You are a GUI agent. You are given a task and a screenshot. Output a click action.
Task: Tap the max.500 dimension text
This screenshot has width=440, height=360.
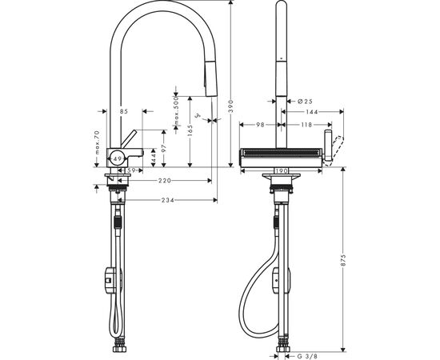[x=174, y=115]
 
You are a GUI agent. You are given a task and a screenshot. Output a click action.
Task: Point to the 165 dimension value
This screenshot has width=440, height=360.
[x=190, y=128]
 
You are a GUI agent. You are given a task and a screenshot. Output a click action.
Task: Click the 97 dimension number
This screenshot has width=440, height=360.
[x=163, y=149]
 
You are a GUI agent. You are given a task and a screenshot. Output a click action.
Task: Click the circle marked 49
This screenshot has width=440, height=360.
[x=118, y=159]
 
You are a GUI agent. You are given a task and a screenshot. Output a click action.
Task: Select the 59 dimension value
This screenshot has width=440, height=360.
[x=130, y=170]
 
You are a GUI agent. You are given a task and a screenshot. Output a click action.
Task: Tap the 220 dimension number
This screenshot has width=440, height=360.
[x=163, y=181]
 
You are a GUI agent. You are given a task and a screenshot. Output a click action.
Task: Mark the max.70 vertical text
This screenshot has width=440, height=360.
[x=95, y=145]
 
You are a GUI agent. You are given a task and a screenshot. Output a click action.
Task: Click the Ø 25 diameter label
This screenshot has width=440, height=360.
[x=294, y=102]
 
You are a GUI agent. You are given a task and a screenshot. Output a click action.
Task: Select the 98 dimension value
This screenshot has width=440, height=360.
[x=261, y=125]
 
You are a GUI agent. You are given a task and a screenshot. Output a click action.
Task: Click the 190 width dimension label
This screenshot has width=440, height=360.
[x=281, y=170]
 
